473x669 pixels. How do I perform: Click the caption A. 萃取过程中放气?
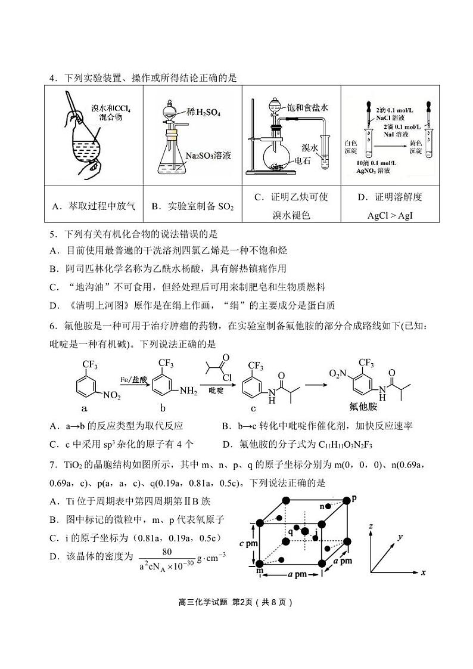(x=94, y=206)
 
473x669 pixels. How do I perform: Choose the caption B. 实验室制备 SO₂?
(x=192, y=206)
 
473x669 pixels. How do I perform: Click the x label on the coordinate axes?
(x=422, y=572)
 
